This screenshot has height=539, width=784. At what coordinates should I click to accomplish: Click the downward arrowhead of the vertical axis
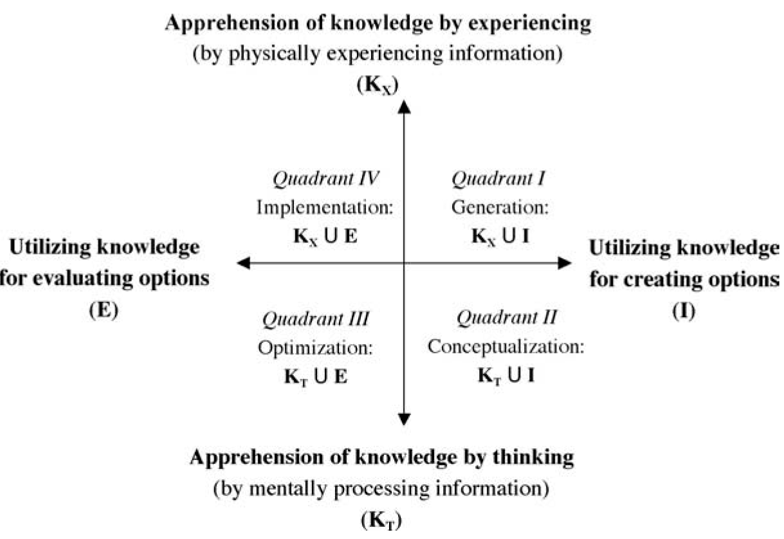point(404,419)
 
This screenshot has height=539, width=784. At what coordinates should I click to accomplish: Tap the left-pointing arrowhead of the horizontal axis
point(243,262)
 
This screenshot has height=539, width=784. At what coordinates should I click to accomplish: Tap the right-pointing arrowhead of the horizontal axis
point(564,262)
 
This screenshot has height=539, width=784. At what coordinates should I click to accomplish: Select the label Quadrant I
point(499,179)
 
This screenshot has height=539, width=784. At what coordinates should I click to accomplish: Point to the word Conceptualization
point(506,347)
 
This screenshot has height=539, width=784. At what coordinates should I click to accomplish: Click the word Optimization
point(315,347)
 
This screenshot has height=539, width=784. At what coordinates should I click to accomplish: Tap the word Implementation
point(325,208)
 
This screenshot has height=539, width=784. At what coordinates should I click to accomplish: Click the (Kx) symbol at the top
point(380,84)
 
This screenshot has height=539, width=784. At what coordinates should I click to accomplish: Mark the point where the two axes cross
point(404,262)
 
